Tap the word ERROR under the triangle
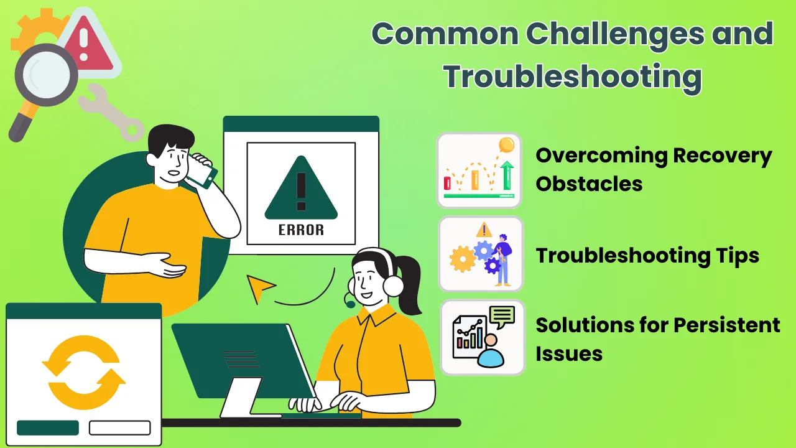pyautogui.click(x=301, y=230)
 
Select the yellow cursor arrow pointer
pyautogui.click(x=260, y=287)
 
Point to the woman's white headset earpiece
pyautogui.click(x=394, y=286)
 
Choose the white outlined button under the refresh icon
pyautogui.click(x=119, y=428)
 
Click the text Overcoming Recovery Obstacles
pyautogui.click(x=653, y=169)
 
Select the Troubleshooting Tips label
pyautogui.click(x=647, y=255)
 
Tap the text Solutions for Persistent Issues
pyautogui.click(x=657, y=339)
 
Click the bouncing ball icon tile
pyautogui.click(x=479, y=170)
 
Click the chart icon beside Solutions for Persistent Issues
pyautogui.click(x=482, y=338)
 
